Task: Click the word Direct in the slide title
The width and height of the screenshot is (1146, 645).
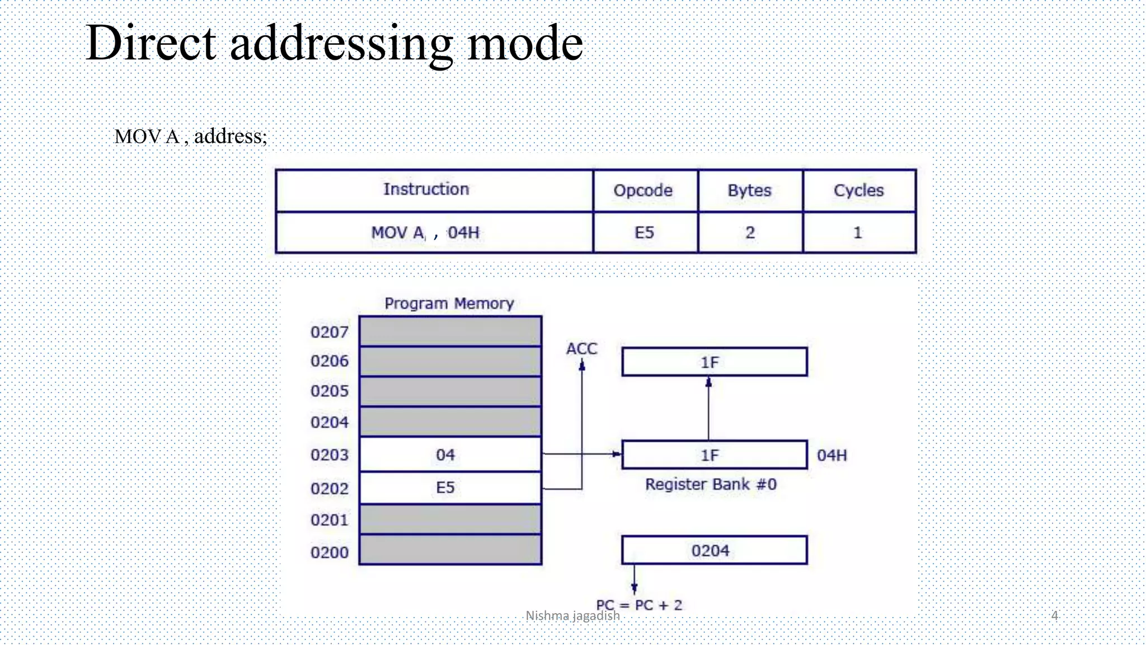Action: [151, 44]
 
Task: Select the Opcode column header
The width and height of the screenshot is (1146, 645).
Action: [643, 190]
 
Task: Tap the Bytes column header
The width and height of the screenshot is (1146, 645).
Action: [749, 190]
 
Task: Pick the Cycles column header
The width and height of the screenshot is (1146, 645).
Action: [858, 190]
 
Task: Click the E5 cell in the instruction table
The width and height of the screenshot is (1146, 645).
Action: [644, 232]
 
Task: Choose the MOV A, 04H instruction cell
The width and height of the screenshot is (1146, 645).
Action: [425, 232]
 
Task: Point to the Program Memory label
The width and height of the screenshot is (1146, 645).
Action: [449, 303]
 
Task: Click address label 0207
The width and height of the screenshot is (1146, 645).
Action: [329, 332]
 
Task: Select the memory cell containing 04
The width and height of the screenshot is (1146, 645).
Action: [450, 455]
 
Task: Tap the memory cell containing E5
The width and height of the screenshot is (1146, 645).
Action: [450, 488]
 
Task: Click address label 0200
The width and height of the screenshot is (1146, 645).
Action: [329, 553]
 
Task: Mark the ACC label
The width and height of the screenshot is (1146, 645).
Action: [581, 349]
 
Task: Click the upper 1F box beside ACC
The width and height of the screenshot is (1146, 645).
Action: [714, 362]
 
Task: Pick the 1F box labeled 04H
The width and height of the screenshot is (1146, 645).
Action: [714, 455]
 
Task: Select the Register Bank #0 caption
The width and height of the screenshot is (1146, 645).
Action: [711, 484]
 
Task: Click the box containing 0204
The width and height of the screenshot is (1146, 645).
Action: [714, 550]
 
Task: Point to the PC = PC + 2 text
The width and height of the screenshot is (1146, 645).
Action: [639, 605]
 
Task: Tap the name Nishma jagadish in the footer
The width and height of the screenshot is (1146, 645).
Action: [572, 616]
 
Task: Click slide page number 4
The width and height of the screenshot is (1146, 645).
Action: [1054, 616]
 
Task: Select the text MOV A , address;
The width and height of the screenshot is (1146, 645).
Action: [191, 137]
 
